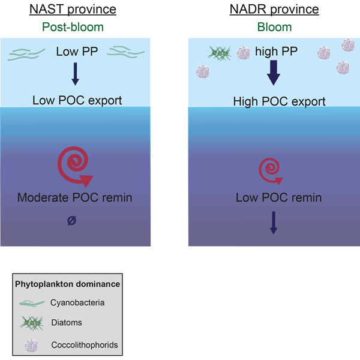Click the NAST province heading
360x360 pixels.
click(85, 10)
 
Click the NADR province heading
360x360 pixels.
click(274, 10)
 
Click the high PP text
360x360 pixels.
click(274, 53)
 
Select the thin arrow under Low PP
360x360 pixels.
click(75, 73)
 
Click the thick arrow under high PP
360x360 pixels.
click(274, 75)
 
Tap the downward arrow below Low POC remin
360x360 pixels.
click(274, 223)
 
